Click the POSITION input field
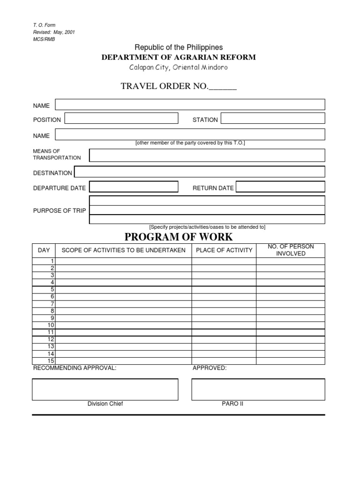pyautogui.click(x=121, y=118)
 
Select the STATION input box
pyautogui.click(x=272, y=118)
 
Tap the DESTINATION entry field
pyautogui.click(x=199, y=172)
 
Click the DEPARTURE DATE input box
pyautogui.click(x=134, y=187)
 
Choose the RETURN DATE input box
pyautogui.click(x=280, y=187)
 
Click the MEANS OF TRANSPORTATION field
pyautogui.click(x=207, y=155)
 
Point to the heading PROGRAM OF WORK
pyautogui.click(x=179, y=237)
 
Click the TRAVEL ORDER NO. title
pyautogui.click(x=179, y=86)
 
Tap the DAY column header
pyautogui.click(x=44, y=250)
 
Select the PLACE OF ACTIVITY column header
pyautogui.click(x=224, y=250)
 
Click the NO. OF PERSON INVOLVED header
pyautogui.click(x=291, y=250)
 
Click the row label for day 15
pyautogui.click(x=51, y=360)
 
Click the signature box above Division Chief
pyautogui.click(x=105, y=389)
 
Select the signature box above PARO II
pyautogui.click(x=258, y=389)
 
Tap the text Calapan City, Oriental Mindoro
pyautogui.click(x=179, y=67)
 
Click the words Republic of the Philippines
pyautogui.click(x=179, y=47)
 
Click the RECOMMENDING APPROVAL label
pyautogui.click(x=75, y=368)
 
